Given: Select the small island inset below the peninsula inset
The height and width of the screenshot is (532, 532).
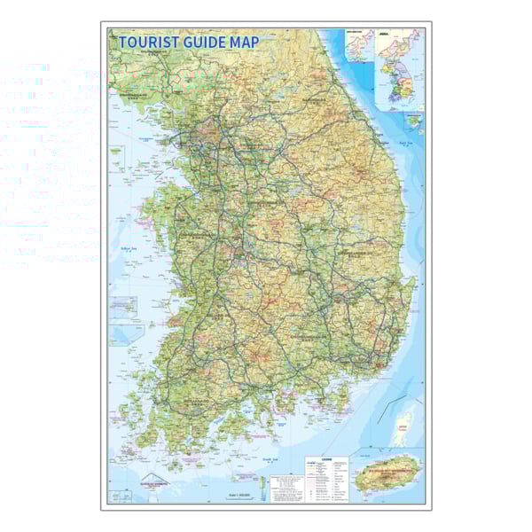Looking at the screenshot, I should (414, 120).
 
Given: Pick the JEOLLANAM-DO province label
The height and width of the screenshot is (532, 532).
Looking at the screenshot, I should (197, 401).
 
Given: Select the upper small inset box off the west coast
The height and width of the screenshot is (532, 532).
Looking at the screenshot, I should (122, 306).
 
